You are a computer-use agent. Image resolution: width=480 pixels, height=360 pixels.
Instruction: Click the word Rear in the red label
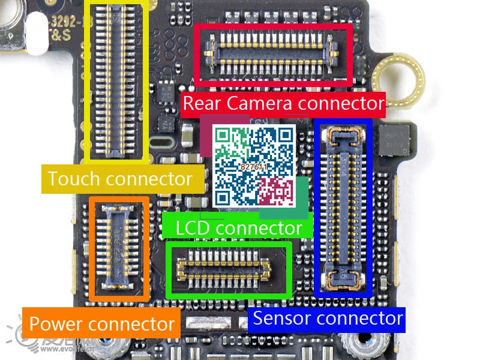pyautogui.click(x=201, y=103)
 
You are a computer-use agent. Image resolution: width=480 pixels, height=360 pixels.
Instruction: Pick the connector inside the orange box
pyautogui.click(x=118, y=248)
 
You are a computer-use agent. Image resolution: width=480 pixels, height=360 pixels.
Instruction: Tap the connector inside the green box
pyautogui.click(x=228, y=269)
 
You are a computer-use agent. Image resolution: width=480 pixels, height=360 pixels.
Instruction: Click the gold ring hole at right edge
pyautogui.click(x=398, y=78)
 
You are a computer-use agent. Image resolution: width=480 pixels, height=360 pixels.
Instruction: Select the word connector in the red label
pyautogui.click(x=340, y=103)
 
